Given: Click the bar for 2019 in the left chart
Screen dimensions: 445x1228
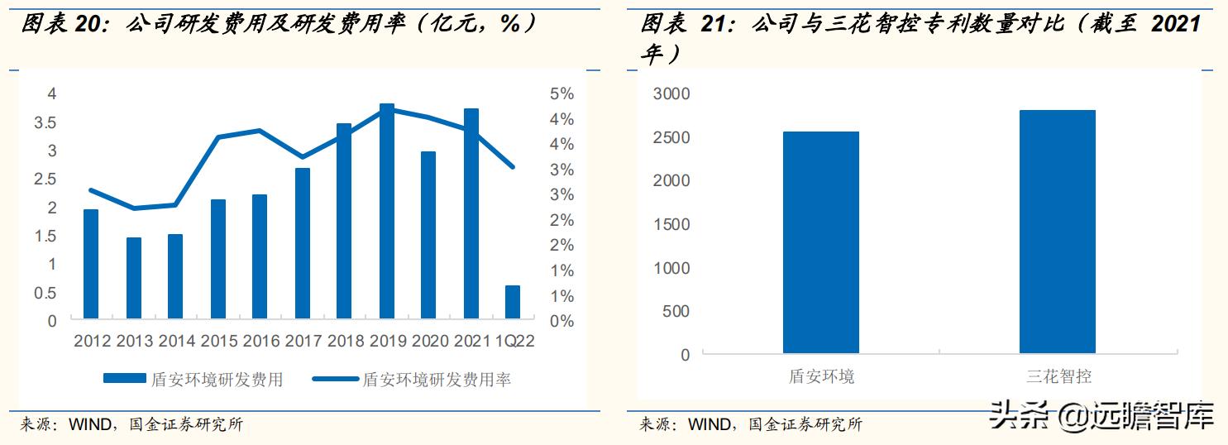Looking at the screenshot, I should pos(387,212).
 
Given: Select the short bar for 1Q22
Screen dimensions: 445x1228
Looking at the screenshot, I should pos(513,302).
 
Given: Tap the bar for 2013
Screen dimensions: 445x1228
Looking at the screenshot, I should pos(133,278).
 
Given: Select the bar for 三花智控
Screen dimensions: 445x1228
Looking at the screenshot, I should pos(1057,232).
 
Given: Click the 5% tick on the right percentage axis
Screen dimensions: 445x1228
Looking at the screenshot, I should pos(561,94).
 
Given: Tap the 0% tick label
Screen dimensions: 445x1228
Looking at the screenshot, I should pos(561,321).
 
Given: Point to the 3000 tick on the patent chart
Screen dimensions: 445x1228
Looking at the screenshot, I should pos(671,93).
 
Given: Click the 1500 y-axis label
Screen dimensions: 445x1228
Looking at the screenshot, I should pos(671,224).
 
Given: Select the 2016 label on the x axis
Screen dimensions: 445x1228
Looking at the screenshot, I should pos(261,341).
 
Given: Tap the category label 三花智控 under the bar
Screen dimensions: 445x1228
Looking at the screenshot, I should pos(1058,376).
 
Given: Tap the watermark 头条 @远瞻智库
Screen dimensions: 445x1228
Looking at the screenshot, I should pos(1101,415).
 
